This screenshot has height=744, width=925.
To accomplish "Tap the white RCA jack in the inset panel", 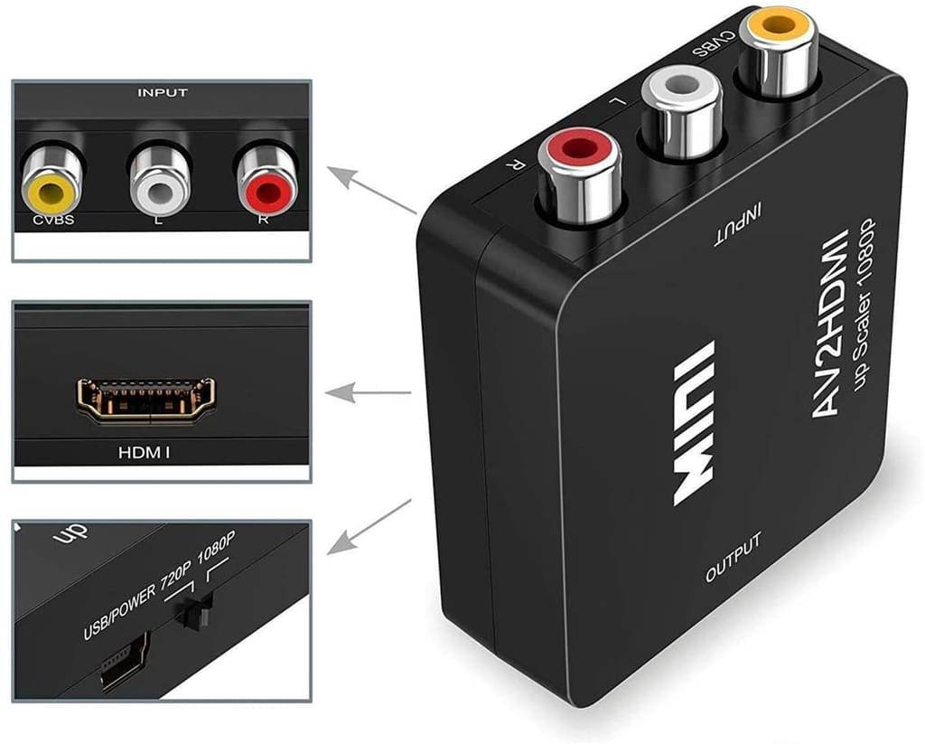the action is click(160, 179).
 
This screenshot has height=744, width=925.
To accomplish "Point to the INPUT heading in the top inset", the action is click(162, 92).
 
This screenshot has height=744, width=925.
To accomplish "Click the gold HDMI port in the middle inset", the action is click(145, 400).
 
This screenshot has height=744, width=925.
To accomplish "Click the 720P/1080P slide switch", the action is click(191, 614).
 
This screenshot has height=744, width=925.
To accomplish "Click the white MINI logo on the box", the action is click(695, 422).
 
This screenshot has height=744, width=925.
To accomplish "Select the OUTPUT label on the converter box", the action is click(733, 558).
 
